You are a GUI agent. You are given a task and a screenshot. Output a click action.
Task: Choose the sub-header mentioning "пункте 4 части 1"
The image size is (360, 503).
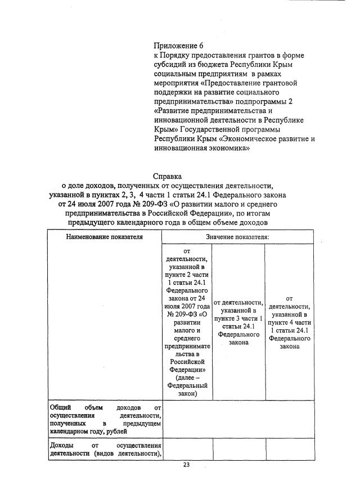(289, 322)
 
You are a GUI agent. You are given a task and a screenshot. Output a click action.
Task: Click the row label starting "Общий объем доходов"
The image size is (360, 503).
(105, 418)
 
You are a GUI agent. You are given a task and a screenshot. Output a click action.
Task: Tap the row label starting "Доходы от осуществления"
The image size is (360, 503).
(105, 450)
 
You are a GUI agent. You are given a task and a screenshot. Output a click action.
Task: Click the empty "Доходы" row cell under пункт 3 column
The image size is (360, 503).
(238, 450)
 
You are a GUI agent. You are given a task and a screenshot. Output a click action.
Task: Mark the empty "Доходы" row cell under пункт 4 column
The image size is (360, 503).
(289, 450)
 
